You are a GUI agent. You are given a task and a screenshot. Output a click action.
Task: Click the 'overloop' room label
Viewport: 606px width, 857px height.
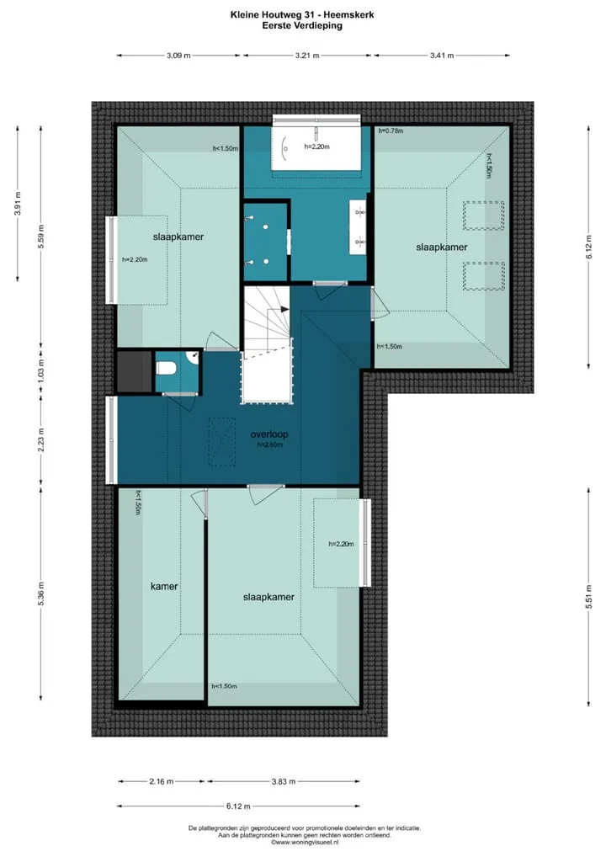click(x=268, y=434)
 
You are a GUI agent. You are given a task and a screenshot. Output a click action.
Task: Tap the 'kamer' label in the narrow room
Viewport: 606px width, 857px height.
click(x=164, y=587)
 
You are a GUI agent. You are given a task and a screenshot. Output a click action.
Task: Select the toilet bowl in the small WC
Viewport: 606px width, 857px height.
click(x=165, y=369)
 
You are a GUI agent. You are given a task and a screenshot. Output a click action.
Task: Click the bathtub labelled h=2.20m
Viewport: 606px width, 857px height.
click(x=317, y=146)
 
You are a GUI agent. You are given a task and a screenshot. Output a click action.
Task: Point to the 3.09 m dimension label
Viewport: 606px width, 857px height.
click(x=178, y=56)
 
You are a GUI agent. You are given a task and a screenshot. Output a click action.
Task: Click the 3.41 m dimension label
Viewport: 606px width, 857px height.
click(x=442, y=56)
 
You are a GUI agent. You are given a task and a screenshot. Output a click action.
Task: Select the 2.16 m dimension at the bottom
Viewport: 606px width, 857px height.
click(x=162, y=781)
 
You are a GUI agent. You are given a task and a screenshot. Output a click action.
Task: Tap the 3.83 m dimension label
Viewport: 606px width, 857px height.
click(x=283, y=781)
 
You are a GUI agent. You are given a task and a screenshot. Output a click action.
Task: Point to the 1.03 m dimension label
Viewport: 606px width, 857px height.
click(x=41, y=371)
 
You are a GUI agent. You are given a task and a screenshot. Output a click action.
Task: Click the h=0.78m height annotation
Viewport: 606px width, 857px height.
click(x=391, y=130)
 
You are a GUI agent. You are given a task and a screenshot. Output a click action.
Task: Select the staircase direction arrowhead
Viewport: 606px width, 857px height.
click(x=284, y=309)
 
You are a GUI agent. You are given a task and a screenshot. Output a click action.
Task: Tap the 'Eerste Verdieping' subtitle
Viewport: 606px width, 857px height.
click(x=302, y=25)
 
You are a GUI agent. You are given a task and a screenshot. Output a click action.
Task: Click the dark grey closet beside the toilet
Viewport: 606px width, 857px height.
click(x=135, y=371)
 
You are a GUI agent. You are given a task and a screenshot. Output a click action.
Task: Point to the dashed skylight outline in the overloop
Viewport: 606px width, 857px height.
click(x=221, y=442)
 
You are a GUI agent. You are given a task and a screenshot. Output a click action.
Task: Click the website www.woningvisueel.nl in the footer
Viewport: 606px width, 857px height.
click(x=305, y=842)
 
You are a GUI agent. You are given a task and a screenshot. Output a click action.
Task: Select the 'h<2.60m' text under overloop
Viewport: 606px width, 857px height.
click(x=270, y=444)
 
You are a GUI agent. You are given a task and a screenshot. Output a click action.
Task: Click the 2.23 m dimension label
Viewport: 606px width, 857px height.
click(x=41, y=440)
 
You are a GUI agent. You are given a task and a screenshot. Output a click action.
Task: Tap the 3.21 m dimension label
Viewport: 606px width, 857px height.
click(x=307, y=56)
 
